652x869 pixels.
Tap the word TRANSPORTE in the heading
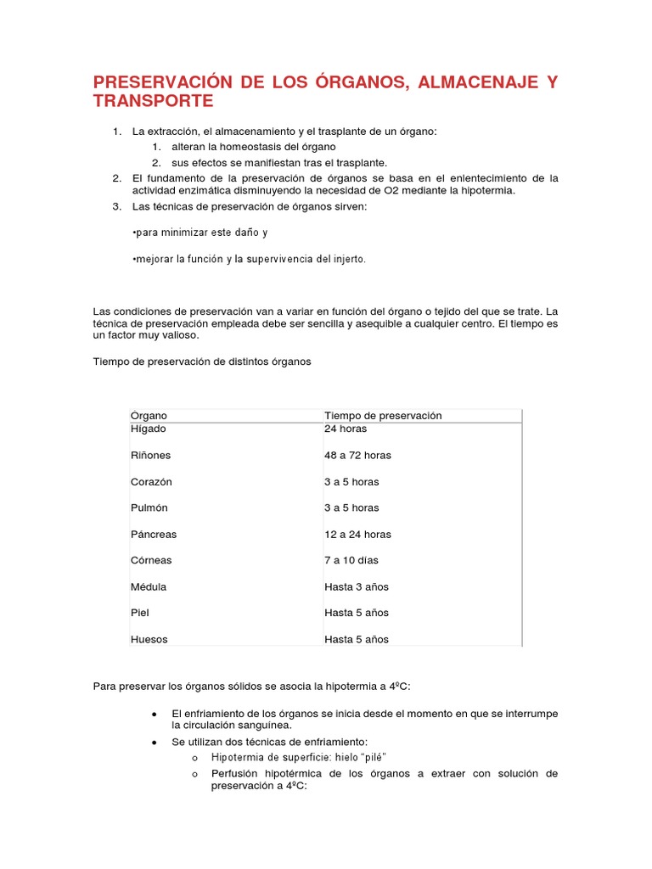[x=153, y=102]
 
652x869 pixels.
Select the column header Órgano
[x=149, y=416]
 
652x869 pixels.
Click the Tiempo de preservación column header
[x=383, y=416]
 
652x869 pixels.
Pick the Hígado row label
[x=149, y=429]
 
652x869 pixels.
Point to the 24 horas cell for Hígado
[x=346, y=429]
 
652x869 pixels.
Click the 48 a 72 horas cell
[x=357, y=455]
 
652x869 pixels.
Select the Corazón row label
[x=151, y=481]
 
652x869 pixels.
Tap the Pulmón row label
[x=149, y=507]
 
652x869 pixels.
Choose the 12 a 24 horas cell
[x=357, y=535]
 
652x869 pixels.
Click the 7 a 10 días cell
[x=351, y=561]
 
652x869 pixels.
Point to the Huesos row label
[x=149, y=639]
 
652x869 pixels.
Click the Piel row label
[x=139, y=613]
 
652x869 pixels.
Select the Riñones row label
[x=150, y=455]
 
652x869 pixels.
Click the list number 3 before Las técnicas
[x=115, y=205]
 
